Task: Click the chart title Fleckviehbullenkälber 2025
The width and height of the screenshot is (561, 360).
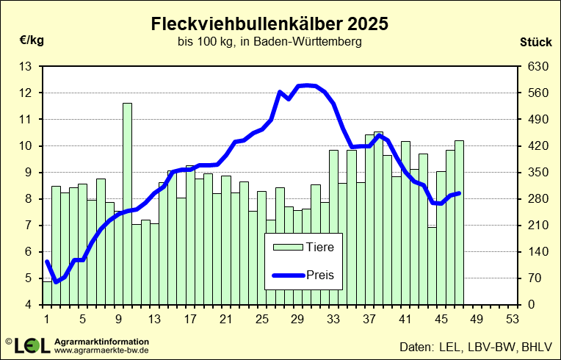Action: point(269,24)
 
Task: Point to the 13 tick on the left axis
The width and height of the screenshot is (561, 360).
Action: point(26,67)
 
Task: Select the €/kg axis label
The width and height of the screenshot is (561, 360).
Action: point(32,40)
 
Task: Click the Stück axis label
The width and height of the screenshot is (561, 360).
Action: point(535,41)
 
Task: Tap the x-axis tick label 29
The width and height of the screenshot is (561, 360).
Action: point(297,320)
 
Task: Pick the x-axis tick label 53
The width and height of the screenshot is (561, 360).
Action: point(513,320)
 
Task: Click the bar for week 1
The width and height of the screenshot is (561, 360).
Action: point(47,292)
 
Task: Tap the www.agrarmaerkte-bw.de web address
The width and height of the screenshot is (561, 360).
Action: point(102,351)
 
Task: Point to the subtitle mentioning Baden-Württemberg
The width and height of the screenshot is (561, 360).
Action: point(269,43)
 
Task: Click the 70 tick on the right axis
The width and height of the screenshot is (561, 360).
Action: point(538,278)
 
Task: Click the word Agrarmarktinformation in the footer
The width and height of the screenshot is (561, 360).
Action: point(102,342)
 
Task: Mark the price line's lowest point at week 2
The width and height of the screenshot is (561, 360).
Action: point(56,281)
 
